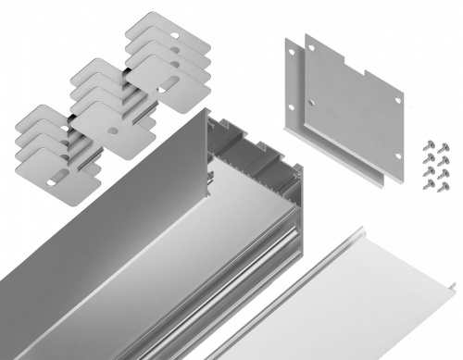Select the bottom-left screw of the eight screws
[427, 187]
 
